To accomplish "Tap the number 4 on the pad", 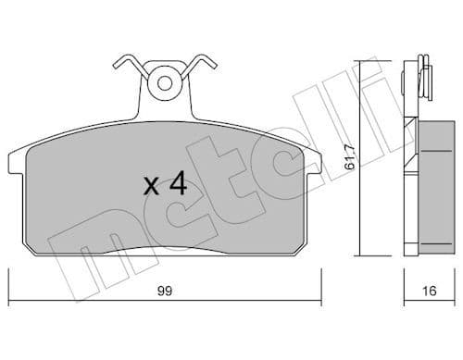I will pyautogui.click(x=180, y=184).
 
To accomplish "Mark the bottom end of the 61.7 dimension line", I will pyautogui.click(x=361, y=254).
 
